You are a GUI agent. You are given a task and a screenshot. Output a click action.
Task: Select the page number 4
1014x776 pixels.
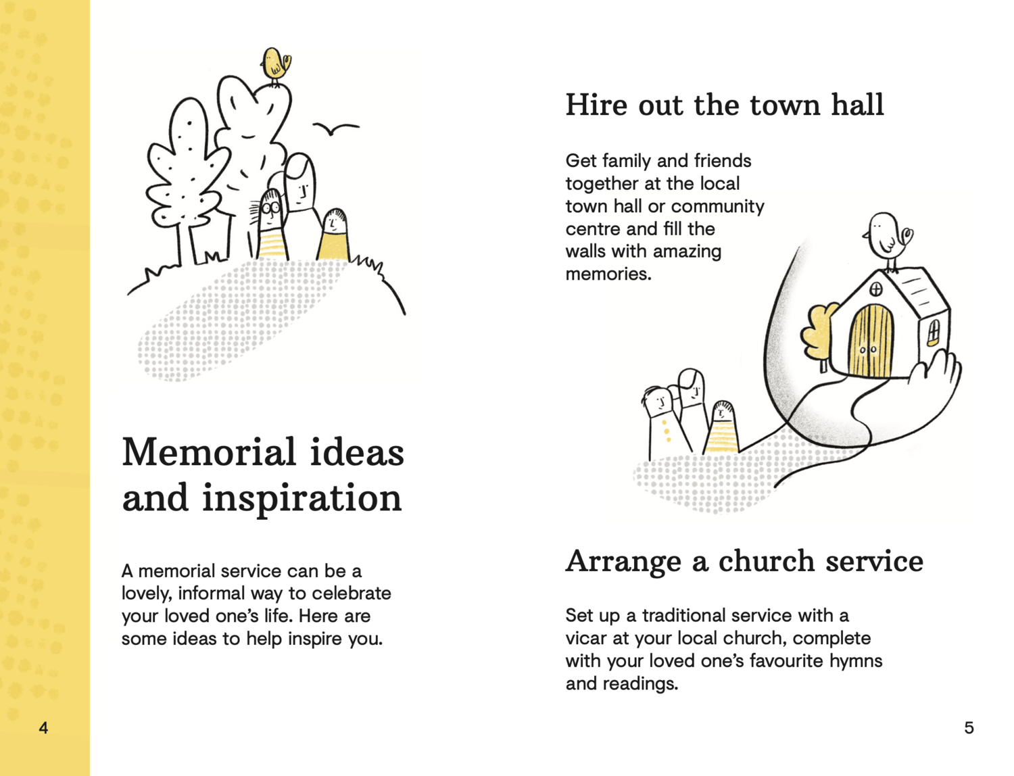44,728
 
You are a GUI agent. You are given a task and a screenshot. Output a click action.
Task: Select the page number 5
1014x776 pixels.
969,728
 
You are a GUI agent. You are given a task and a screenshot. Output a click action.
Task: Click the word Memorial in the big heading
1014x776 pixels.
209,452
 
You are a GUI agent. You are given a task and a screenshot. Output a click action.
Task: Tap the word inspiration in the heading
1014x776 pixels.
301,498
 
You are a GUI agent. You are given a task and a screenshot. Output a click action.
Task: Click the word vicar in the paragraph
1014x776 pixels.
585,638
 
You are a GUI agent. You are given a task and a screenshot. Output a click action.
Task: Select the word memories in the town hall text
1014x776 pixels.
608,274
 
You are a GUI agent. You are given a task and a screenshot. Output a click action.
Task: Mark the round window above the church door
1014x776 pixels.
876,290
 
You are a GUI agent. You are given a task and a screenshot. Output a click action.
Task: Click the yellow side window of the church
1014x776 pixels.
934,332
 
